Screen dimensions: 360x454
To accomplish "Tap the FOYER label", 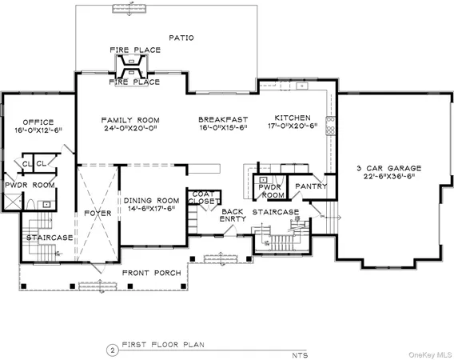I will tap(98, 214).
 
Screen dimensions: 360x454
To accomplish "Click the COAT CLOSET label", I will tap(201, 199).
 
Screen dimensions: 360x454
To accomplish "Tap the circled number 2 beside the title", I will tap(112, 349).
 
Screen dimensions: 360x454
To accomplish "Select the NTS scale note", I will tap(299, 353).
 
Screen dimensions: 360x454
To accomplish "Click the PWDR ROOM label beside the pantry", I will tap(272, 190).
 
